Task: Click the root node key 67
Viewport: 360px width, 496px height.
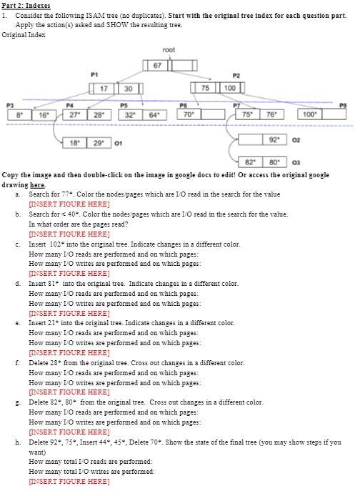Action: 157,66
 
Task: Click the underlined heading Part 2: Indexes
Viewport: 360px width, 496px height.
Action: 25,5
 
